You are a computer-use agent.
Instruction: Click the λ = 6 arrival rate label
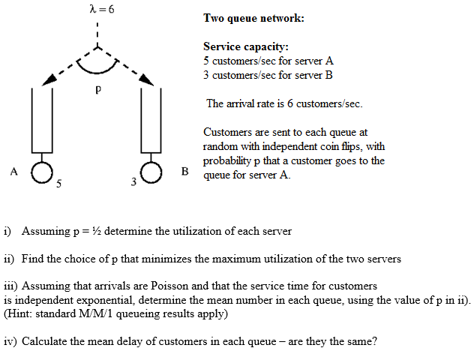pyautogui.click(x=102, y=9)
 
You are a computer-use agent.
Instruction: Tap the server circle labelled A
pyautogui.click(x=42, y=172)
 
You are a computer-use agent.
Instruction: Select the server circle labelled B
pyautogui.click(x=151, y=172)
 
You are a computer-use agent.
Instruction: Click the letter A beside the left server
pyautogui.click(x=13, y=172)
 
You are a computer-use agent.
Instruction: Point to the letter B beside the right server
pyautogui.click(x=185, y=171)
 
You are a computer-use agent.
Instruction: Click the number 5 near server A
pyautogui.click(x=58, y=183)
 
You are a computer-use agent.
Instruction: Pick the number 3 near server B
pyautogui.click(x=133, y=181)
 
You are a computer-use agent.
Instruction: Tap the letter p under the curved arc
pyautogui.click(x=98, y=89)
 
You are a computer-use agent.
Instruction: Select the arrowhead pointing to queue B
pyautogui.click(x=146, y=79)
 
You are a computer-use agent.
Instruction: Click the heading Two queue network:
pyautogui.click(x=253, y=18)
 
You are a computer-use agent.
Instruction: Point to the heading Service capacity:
pyautogui.click(x=246, y=47)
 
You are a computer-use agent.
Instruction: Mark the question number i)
pyautogui.click(x=7, y=231)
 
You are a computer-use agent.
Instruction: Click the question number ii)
pyautogui.click(x=9, y=259)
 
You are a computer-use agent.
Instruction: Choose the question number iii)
pyautogui.click(x=10, y=286)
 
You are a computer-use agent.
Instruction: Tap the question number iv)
pyautogui.click(x=10, y=342)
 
